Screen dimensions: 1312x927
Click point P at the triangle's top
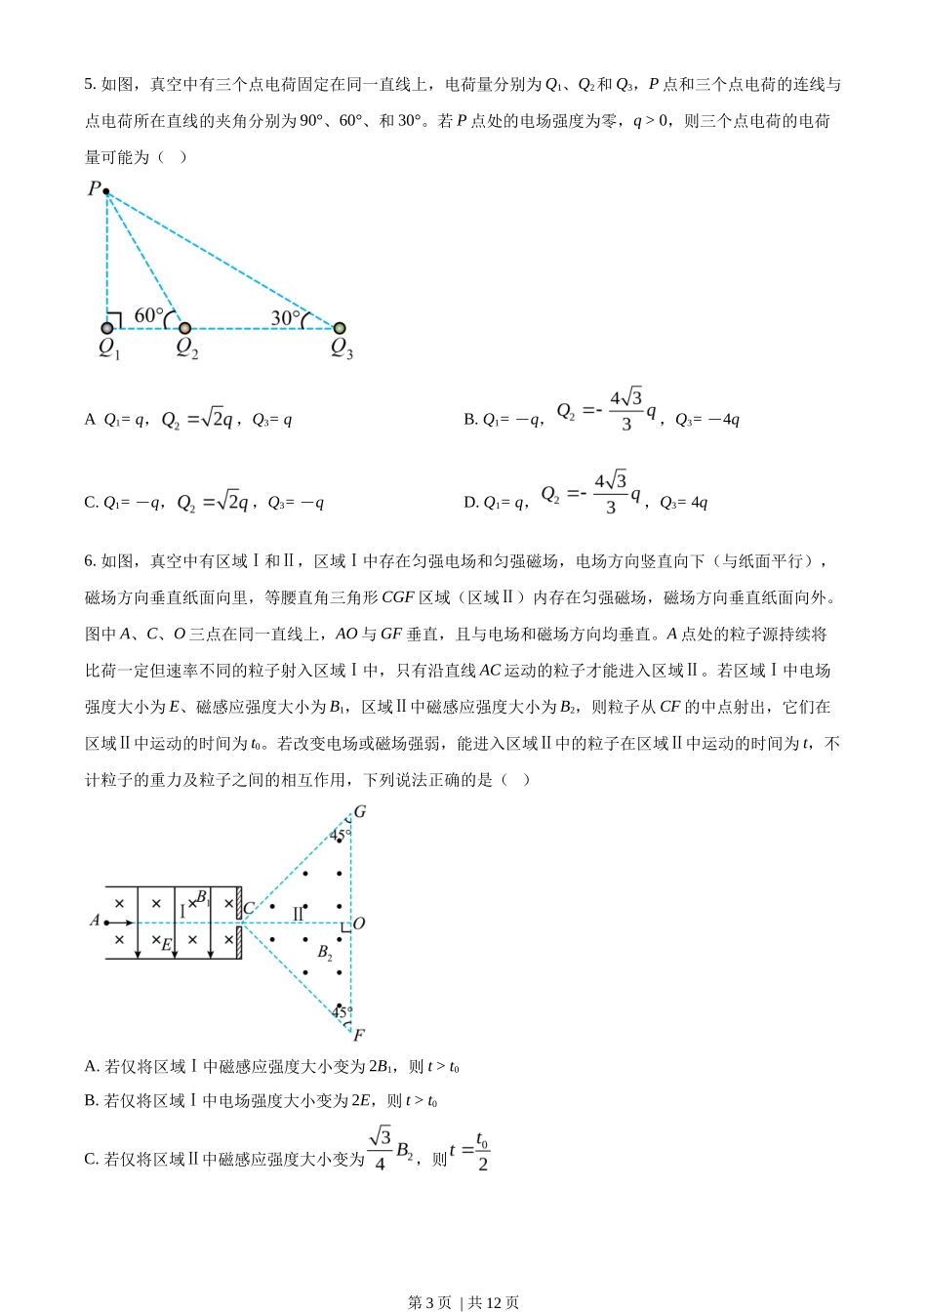pyautogui.click(x=105, y=191)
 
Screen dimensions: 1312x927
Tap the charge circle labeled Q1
pyautogui.click(x=107, y=328)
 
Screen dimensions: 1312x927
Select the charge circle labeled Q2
pyautogui.click(x=184, y=328)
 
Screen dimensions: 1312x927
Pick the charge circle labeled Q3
pyautogui.click(x=340, y=328)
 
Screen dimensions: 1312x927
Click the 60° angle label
pyautogui.click(x=148, y=315)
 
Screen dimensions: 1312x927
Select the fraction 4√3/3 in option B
pyautogui.click(x=625, y=410)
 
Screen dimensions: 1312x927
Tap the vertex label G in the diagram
pyautogui.click(x=360, y=812)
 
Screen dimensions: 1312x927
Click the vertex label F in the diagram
pyautogui.click(x=358, y=1035)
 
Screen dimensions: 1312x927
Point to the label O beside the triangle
pyautogui.click(x=358, y=923)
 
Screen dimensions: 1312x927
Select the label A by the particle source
pyautogui.click(x=95, y=921)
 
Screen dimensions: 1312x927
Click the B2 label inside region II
pyautogui.click(x=325, y=953)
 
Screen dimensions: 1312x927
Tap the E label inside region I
pyautogui.click(x=166, y=944)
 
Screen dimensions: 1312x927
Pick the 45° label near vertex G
pyautogui.click(x=339, y=835)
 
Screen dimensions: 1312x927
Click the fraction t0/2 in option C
pyautogui.click(x=482, y=1152)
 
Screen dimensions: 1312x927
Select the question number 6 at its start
pyautogui.click(x=89, y=561)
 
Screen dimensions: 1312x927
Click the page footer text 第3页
pyautogui.click(x=429, y=1302)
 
